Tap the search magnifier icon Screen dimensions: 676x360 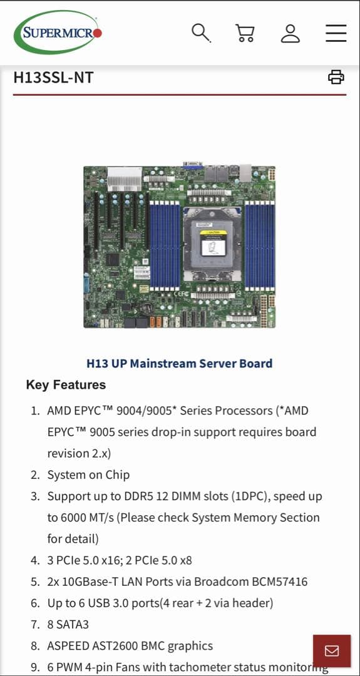click(201, 33)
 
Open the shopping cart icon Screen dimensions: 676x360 click(245, 33)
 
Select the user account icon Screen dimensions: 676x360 click(291, 33)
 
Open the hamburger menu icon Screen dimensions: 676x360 click(336, 33)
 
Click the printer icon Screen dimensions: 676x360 click(336, 77)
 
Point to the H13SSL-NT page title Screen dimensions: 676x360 click(53, 78)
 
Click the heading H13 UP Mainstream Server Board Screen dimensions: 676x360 click(179, 364)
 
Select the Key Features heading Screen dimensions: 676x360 click(66, 385)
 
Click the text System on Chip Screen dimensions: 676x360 click(88, 475)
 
